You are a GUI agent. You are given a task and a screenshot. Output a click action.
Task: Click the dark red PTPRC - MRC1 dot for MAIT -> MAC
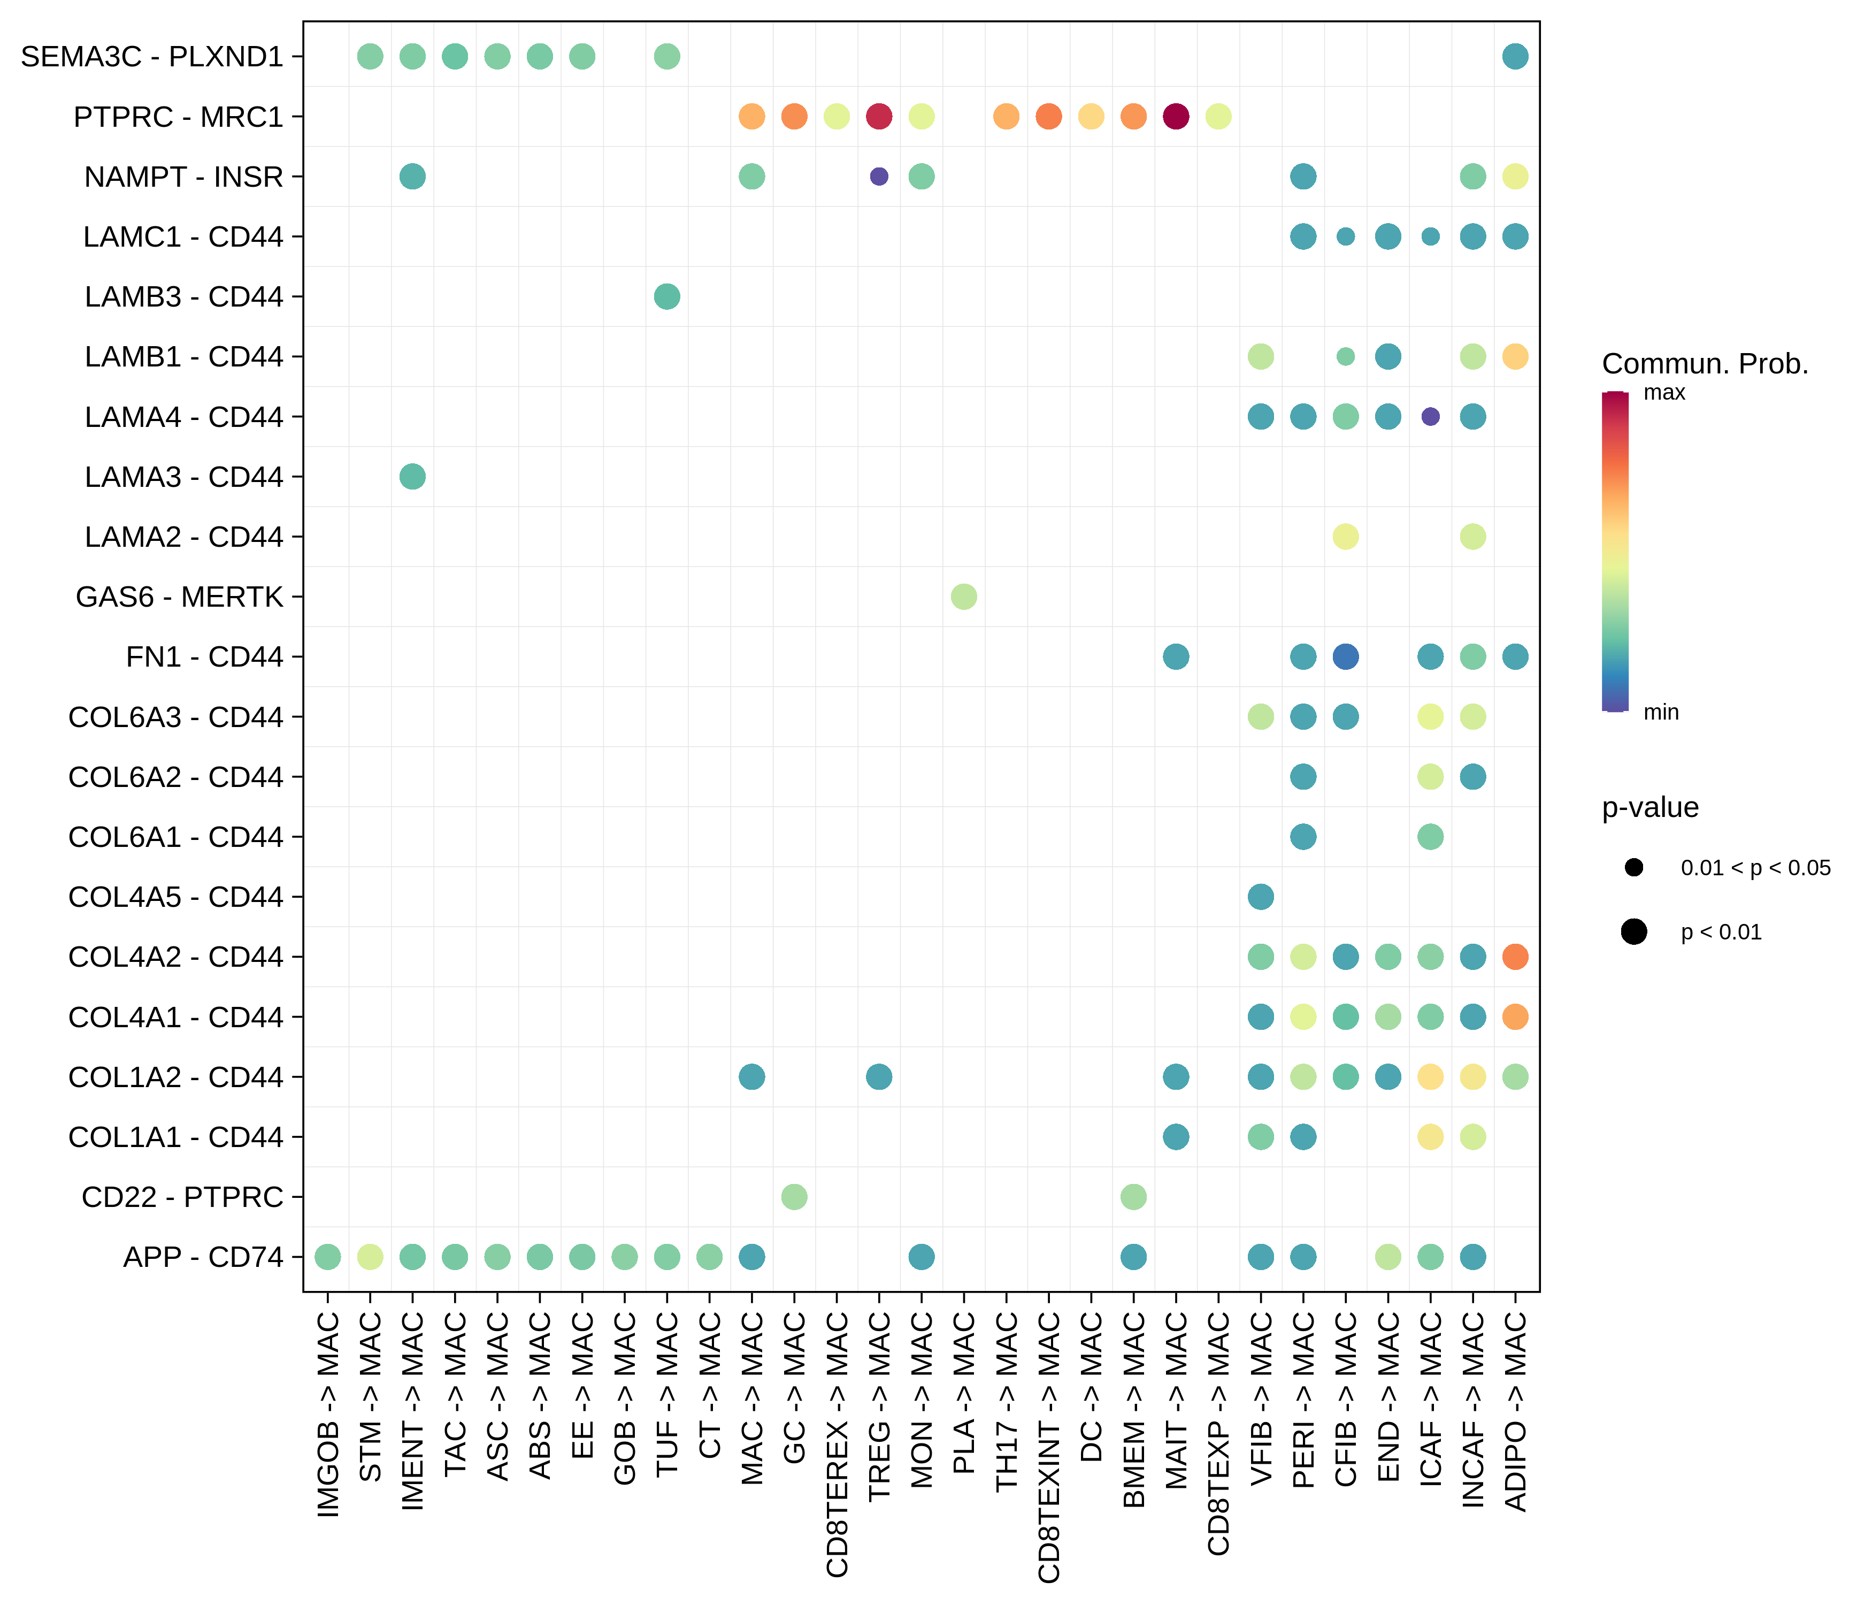click(x=1176, y=117)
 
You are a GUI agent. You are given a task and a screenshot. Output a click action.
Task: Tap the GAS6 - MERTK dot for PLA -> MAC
click(x=964, y=597)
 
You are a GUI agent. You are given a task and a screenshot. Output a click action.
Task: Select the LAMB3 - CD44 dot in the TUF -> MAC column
click(x=667, y=296)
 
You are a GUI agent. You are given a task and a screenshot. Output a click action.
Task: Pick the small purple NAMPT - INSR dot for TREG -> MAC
click(x=879, y=176)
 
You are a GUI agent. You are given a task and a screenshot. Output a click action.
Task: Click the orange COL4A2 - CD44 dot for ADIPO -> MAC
click(x=1515, y=956)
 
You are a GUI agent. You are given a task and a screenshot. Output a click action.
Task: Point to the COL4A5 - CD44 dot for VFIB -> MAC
click(x=1260, y=897)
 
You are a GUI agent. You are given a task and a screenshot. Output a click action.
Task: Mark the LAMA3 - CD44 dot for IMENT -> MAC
click(x=412, y=476)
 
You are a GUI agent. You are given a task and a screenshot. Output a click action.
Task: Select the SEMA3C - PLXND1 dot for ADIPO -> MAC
click(x=1515, y=56)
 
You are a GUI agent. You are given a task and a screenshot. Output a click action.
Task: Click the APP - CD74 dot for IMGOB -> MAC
click(x=327, y=1256)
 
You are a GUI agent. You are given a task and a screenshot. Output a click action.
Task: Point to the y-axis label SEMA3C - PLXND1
click(x=152, y=57)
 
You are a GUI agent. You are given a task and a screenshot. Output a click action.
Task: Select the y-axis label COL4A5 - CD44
click(x=175, y=897)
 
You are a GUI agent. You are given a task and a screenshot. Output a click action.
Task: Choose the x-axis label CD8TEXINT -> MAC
click(x=1048, y=1446)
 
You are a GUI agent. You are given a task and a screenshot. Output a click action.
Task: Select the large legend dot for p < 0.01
click(x=1633, y=932)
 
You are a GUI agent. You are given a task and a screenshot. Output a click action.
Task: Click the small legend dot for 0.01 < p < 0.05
click(x=1633, y=868)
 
